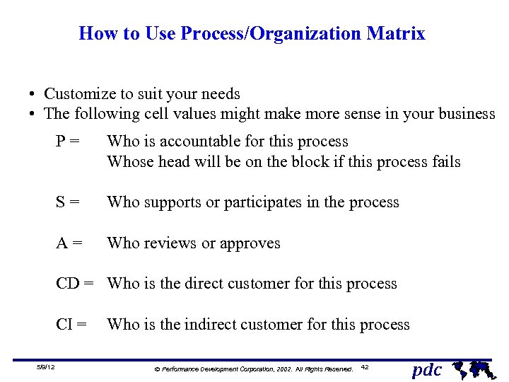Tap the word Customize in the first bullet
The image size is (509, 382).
(79, 94)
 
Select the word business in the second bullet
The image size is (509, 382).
(466, 114)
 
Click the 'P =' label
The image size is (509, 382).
(68, 141)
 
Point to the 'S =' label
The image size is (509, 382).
(68, 202)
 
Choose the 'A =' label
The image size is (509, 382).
(69, 243)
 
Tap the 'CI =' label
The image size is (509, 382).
(72, 325)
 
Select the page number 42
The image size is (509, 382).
(365, 366)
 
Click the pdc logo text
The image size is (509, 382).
(427, 369)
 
